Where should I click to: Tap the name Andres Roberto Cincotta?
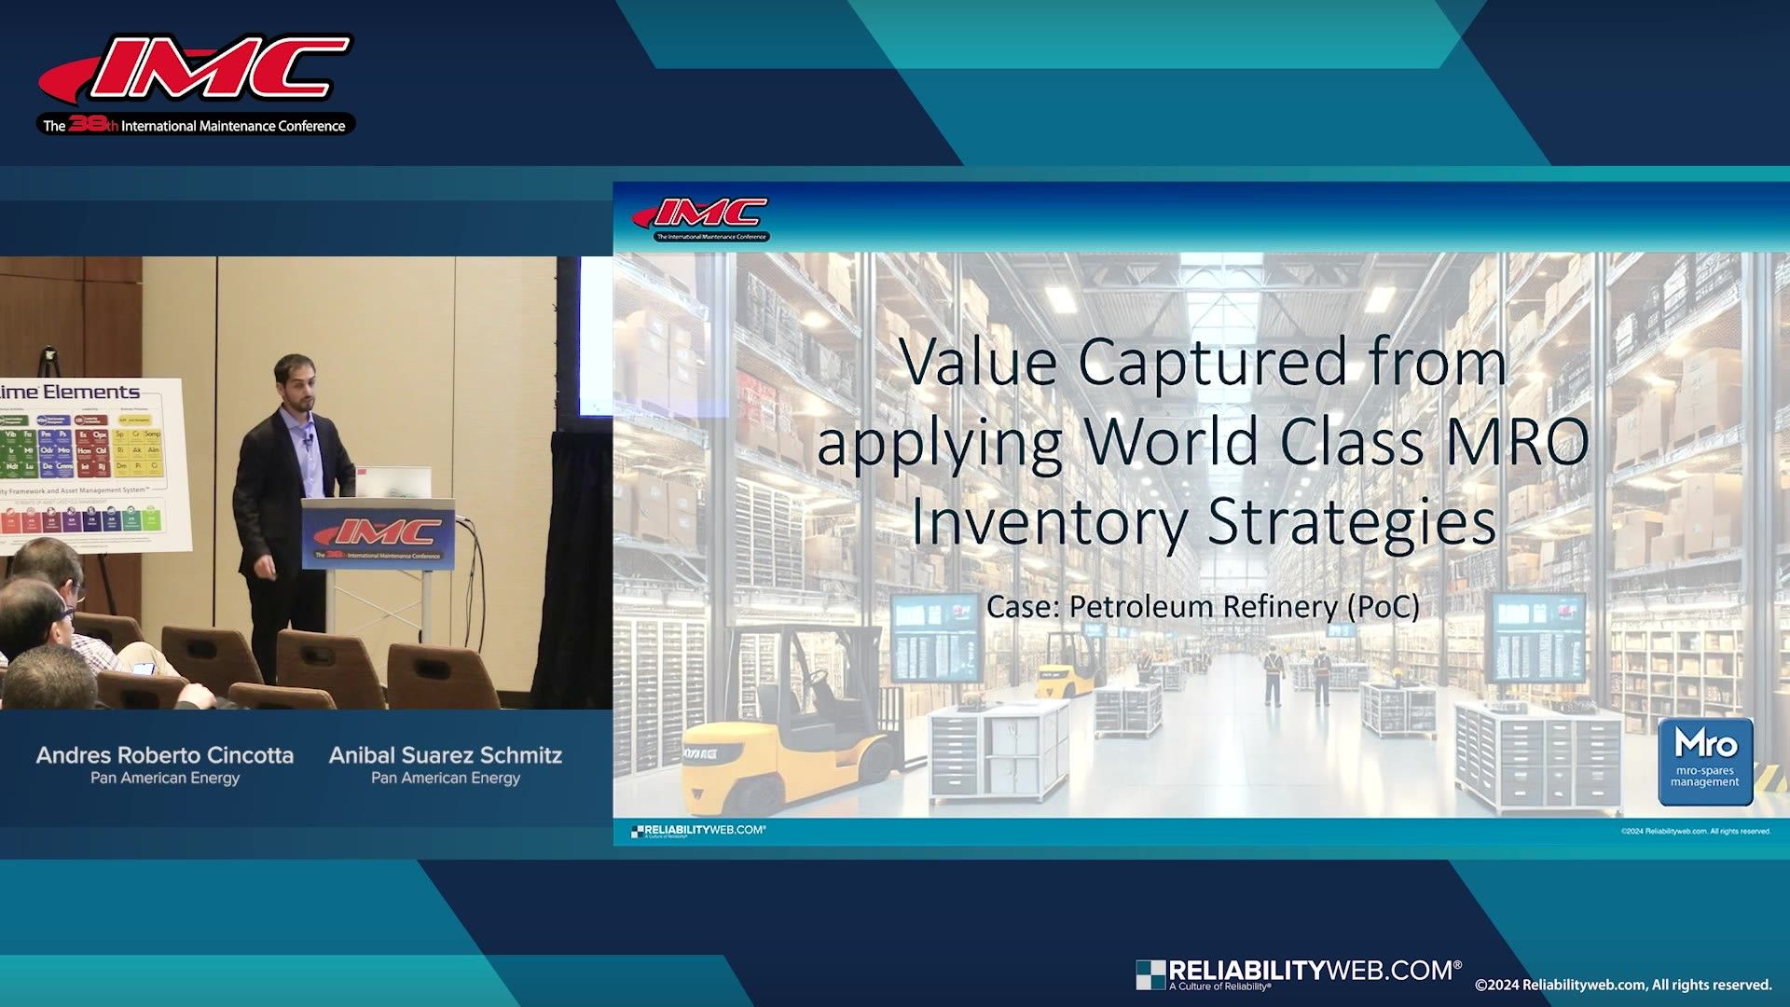tap(165, 755)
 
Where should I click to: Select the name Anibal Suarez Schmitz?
tap(446, 755)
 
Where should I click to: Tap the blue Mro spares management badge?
tap(1705, 761)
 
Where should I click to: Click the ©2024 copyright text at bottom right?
tap(1622, 985)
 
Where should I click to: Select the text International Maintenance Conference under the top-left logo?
tap(233, 126)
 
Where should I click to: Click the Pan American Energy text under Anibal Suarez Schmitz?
tap(446, 778)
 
